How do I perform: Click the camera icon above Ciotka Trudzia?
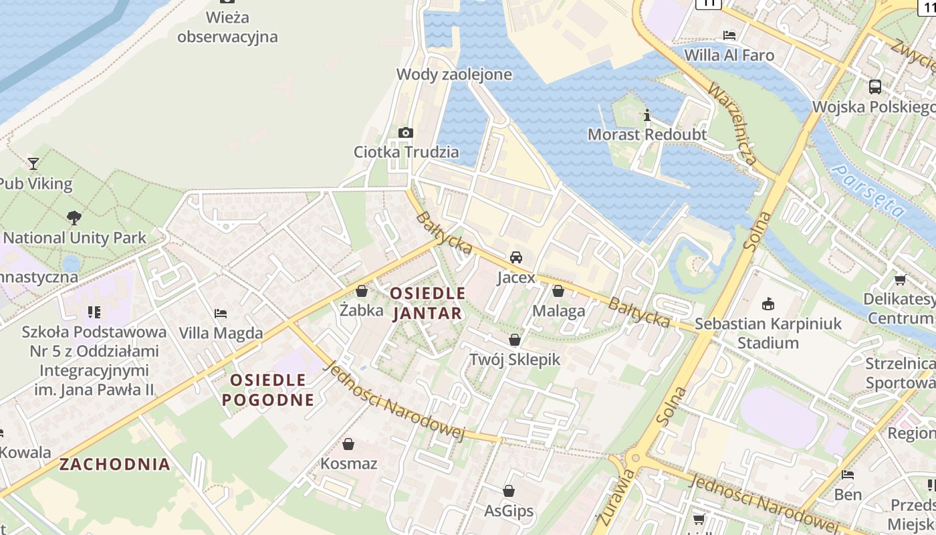(x=405, y=132)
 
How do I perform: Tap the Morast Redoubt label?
(x=647, y=134)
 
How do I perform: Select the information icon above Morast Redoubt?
(x=647, y=116)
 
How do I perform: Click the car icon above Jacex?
(x=516, y=257)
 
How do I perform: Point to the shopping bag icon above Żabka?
(x=362, y=291)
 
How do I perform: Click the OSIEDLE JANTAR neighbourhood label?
(x=427, y=303)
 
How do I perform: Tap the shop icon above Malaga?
(x=558, y=291)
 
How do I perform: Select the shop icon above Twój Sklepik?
(x=514, y=340)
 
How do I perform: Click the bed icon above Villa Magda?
(x=221, y=313)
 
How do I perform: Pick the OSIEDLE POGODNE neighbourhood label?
(x=268, y=390)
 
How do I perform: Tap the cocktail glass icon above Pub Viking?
(x=33, y=163)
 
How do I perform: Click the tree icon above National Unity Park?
(x=74, y=217)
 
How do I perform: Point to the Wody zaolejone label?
(x=454, y=74)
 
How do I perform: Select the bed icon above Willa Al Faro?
(x=729, y=35)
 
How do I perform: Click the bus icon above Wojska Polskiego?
(x=874, y=86)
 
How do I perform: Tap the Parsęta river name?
(x=868, y=193)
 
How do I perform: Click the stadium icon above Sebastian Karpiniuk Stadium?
(x=768, y=304)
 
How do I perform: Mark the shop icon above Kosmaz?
(x=348, y=444)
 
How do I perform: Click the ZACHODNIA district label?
(x=115, y=464)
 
